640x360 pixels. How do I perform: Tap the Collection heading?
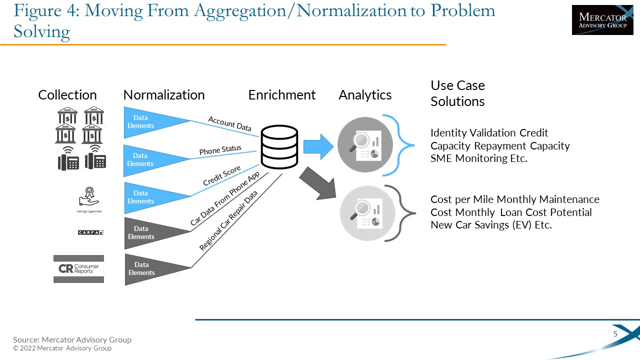pos(67,95)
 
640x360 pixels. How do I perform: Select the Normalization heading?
pos(164,95)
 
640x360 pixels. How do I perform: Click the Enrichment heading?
pos(282,95)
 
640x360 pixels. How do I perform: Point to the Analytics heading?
pos(365,95)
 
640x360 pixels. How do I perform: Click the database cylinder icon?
pos(279,147)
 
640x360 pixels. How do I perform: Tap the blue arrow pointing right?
pos(318,147)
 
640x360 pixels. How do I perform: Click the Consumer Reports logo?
pos(78,269)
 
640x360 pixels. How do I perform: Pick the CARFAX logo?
pos(90,232)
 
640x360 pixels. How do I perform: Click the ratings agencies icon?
pos(89,200)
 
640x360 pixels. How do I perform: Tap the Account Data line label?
pos(229,124)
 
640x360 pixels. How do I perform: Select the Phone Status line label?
pos(220,150)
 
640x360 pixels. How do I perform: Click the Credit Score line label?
pos(221,176)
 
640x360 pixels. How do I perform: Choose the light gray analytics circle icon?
pos(364,212)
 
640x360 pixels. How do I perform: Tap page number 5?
pos(615,334)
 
